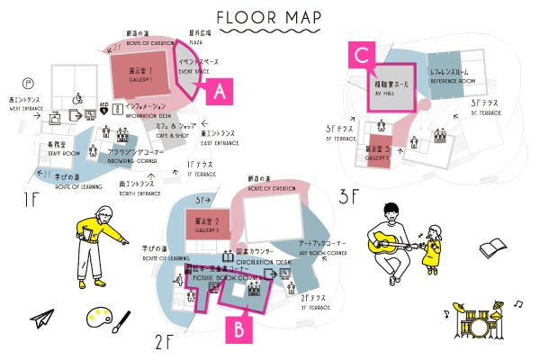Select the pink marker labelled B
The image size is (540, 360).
tap(238, 328)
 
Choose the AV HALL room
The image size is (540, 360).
tap(391, 87)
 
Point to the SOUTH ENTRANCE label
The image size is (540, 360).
tap(139, 189)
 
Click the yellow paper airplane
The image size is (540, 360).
tap(41, 319)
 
